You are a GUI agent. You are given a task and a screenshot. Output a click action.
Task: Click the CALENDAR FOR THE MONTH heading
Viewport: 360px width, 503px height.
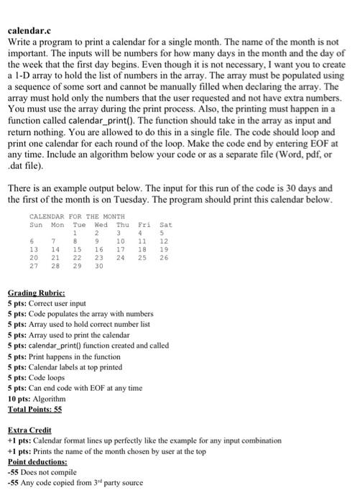pyautogui.click(x=77, y=216)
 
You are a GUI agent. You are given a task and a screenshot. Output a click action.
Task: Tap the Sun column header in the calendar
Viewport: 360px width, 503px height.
pyautogui.click(x=35, y=225)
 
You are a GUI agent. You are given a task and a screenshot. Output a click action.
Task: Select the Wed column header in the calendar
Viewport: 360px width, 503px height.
pyautogui.click(x=100, y=225)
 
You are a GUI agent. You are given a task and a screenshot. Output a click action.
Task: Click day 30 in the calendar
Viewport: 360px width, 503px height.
pyautogui.click(x=100, y=267)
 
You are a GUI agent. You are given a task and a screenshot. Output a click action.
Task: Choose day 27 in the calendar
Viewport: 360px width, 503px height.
pyautogui.click(x=34, y=267)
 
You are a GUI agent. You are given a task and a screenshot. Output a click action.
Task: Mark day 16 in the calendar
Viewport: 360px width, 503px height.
pyautogui.click(x=100, y=249)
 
